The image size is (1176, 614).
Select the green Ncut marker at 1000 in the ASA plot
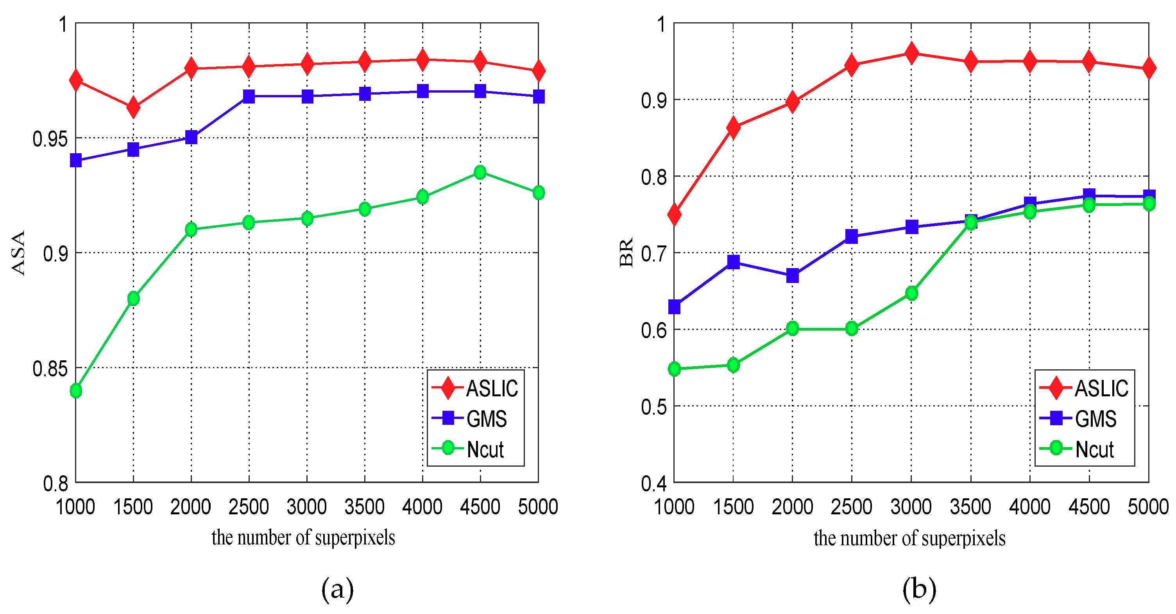pyautogui.click(x=76, y=391)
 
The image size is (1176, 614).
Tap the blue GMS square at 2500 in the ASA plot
pyautogui.click(x=249, y=96)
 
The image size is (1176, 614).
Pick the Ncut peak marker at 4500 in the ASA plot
pyautogui.click(x=480, y=172)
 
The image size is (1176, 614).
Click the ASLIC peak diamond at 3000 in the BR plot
pyautogui.click(x=912, y=53)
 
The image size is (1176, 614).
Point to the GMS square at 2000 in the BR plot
pyautogui.click(x=793, y=275)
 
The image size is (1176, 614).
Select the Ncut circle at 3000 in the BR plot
pyautogui.click(x=912, y=293)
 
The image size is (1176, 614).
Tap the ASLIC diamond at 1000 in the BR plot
pyautogui.click(x=674, y=214)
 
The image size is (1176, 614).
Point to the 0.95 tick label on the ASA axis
pyautogui.click(x=50, y=139)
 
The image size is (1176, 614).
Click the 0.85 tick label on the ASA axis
pyautogui.click(x=50, y=369)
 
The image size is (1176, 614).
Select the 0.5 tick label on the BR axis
pyautogui.click(x=654, y=407)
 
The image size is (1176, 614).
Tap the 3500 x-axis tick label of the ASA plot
pyautogui.click(x=364, y=507)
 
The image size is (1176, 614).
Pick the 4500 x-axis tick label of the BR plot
pyautogui.click(x=1089, y=507)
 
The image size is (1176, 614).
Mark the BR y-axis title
pyautogui.click(x=626, y=252)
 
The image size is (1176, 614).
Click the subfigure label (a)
pyautogui.click(x=337, y=589)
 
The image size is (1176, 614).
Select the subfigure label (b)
pyautogui.click(x=919, y=589)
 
